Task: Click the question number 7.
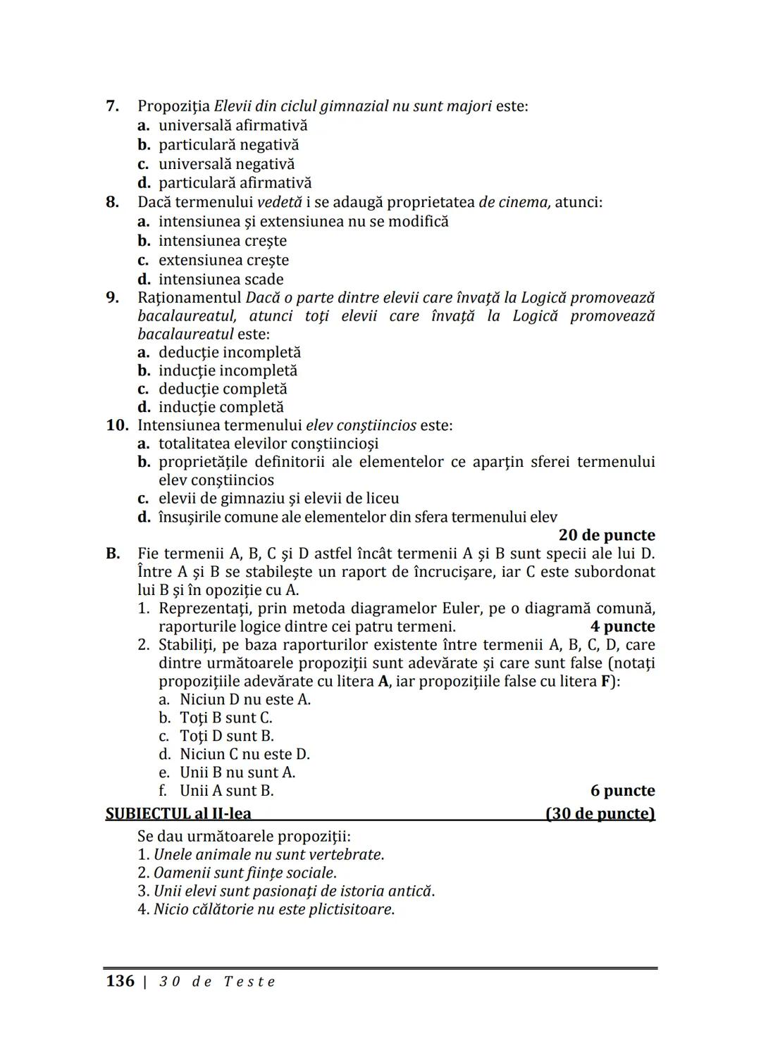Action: [112, 106]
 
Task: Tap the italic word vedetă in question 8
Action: [279, 203]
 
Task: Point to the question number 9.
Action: [112, 298]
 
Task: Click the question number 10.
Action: [117, 425]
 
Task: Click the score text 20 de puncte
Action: [606, 535]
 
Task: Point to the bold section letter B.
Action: [113, 553]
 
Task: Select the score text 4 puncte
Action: [622, 627]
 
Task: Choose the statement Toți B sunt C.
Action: [225, 718]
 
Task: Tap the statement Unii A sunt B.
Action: [226, 791]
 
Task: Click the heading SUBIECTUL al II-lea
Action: [178, 814]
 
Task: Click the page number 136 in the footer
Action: [120, 982]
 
